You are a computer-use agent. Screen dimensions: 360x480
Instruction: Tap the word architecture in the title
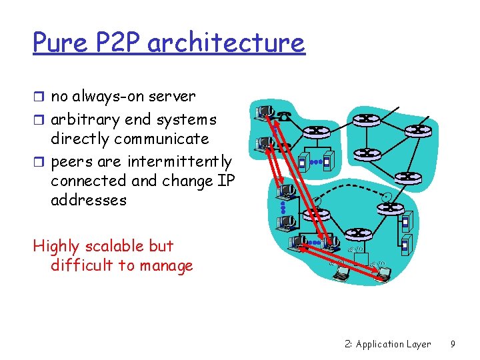(226, 44)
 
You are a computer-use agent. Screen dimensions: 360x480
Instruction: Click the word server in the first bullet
(173, 97)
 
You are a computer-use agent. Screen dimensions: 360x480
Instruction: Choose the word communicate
(161, 139)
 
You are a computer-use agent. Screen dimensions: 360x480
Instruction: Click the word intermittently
(178, 162)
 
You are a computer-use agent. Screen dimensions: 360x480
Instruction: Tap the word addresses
(88, 200)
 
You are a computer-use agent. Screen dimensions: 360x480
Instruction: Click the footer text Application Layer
(393, 345)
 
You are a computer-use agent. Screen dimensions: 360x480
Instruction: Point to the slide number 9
(453, 345)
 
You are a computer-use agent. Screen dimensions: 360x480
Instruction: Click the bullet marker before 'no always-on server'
(39, 97)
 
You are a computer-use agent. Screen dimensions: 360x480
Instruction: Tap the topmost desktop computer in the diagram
(265, 112)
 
